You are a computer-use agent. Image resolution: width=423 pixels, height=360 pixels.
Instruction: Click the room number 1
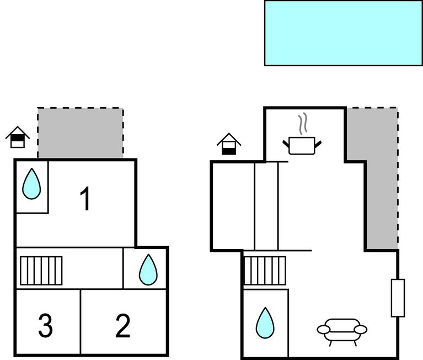(x=85, y=199)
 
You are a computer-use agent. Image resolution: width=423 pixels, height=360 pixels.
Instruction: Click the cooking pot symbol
(x=302, y=146)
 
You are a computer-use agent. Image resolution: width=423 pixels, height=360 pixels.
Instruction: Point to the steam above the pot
(x=302, y=124)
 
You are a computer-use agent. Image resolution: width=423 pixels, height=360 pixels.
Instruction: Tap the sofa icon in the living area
(x=342, y=330)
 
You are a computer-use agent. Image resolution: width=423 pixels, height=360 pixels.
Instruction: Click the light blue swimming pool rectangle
(x=343, y=33)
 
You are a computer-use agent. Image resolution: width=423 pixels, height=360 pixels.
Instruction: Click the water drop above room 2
(x=148, y=269)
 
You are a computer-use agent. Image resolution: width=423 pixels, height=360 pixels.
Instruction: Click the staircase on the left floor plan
(x=41, y=271)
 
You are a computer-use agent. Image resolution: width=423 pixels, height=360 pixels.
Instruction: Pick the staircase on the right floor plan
(x=265, y=270)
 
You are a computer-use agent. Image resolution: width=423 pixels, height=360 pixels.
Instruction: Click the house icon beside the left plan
(x=18, y=137)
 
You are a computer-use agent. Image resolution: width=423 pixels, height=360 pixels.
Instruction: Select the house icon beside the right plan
(x=229, y=144)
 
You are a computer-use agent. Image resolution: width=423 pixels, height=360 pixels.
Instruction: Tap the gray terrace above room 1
(x=81, y=133)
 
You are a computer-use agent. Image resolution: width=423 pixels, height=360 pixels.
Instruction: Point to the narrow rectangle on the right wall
(x=398, y=298)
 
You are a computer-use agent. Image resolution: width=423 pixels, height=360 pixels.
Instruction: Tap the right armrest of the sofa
(x=360, y=330)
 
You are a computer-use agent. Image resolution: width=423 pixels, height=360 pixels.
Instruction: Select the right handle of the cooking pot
(x=318, y=145)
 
